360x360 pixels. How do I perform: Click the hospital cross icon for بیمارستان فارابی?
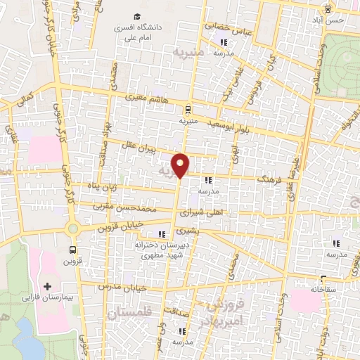click(47, 286)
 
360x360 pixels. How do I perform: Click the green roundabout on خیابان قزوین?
click(72, 228)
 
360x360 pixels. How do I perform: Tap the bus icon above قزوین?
click(73, 250)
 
